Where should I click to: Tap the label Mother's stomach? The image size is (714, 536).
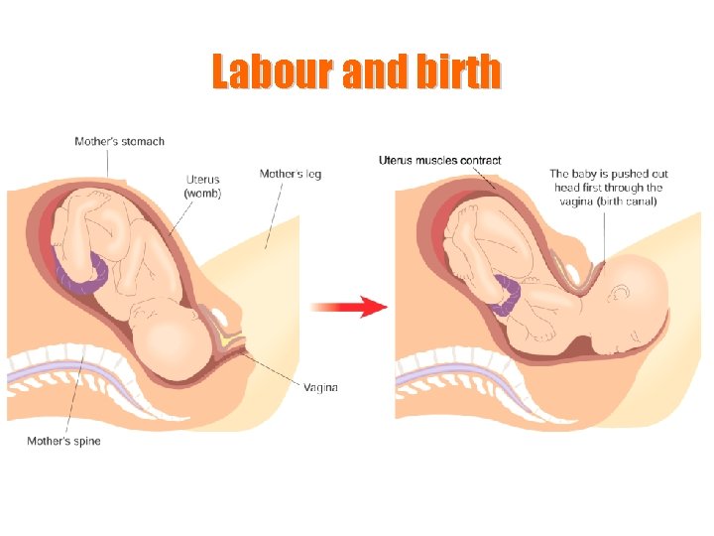click(x=119, y=141)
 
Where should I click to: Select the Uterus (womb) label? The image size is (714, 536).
click(x=202, y=187)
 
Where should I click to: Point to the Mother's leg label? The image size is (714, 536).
click(x=290, y=174)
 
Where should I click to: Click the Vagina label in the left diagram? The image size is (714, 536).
click(x=320, y=387)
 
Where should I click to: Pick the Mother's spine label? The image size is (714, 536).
click(x=63, y=441)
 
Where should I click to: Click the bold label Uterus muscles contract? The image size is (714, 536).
click(x=439, y=160)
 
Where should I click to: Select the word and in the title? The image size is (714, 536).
click(x=371, y=71)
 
